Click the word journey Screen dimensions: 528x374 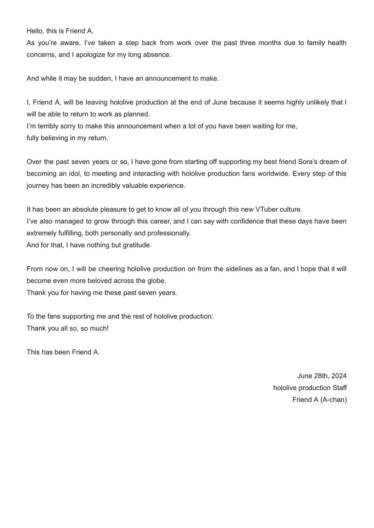point(38,185)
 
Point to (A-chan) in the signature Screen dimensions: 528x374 point(333,400)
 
